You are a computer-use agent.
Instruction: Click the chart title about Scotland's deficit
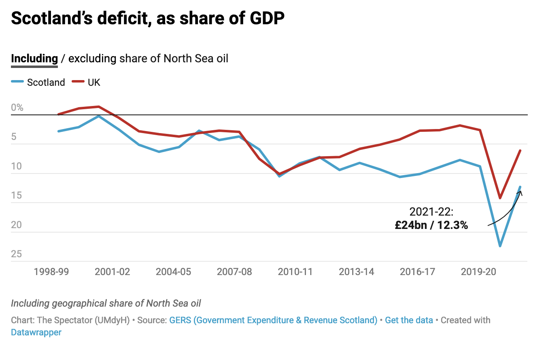(x=147, y=19)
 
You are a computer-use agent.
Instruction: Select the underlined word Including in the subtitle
(x=34, y=59)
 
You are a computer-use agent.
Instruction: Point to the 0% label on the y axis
(x=17, y=108)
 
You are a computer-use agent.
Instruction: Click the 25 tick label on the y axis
(x=17, y=254)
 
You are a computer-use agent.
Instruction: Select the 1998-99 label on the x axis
(x=51, y=272)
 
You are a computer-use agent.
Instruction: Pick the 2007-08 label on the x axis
(x=234, y=272)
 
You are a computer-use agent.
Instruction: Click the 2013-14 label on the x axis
(x=357, y=272)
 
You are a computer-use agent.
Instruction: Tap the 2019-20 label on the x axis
(x=478, y=272)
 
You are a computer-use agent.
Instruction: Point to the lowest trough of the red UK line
(x=500, y=198)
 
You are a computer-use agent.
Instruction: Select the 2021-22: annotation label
(x=431, y=212)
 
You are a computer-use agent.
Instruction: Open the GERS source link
(x=273, y=320)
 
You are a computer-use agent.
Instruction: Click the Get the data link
(x=409, y=320)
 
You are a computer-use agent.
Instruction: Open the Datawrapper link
(x=36, y=332)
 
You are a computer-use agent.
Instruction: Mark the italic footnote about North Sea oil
(x=106, y=303)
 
